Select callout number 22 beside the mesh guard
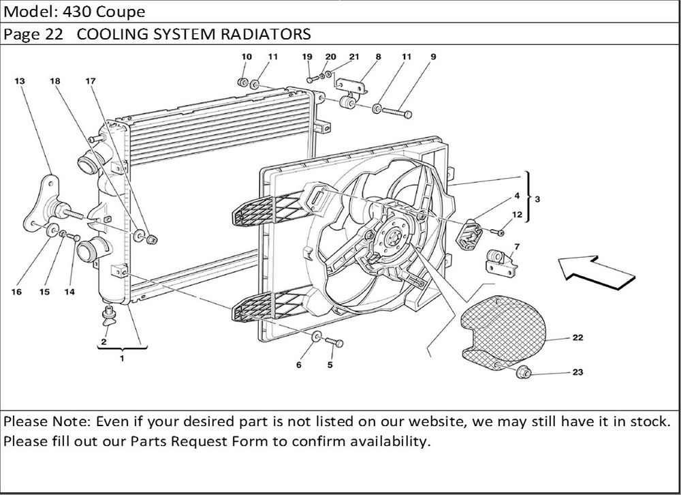(577, 337)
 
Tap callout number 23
(577, 373)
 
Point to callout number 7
(517, 246)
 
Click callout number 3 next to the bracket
(538, 200)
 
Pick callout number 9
(433, 57)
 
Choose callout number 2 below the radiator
(104, 341)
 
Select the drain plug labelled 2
(108, 314)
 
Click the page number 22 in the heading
(55, 34)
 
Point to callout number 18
(55, 80)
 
